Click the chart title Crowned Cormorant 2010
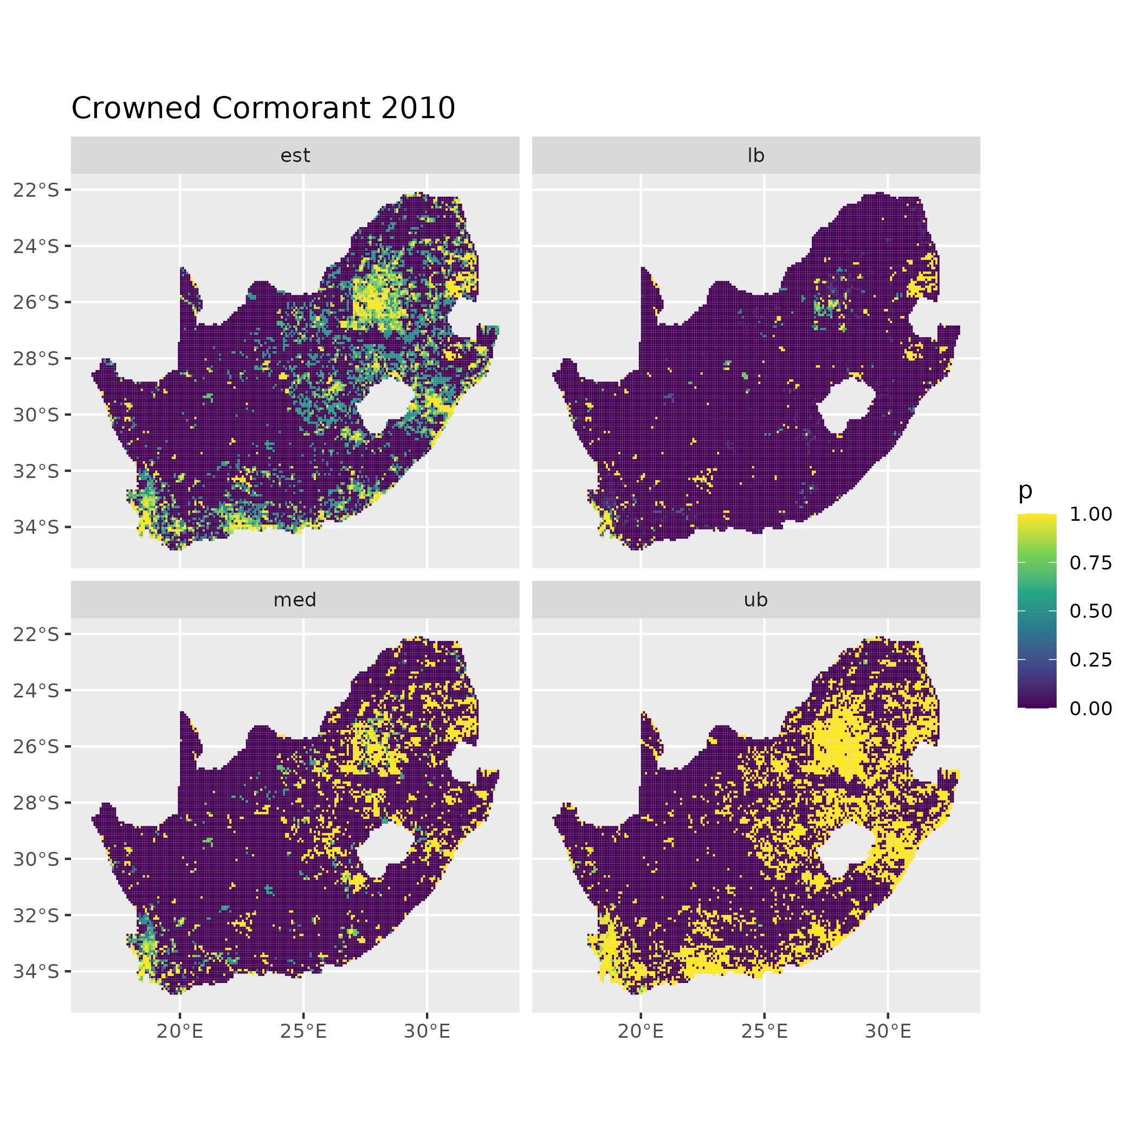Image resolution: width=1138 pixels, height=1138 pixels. coord(263,108)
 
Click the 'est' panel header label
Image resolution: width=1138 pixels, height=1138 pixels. coord(295,156)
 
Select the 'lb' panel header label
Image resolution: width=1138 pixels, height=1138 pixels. coord(756,156)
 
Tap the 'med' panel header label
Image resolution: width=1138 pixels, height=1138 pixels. coord(295,600)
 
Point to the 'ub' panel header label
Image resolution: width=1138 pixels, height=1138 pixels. coord(756,600)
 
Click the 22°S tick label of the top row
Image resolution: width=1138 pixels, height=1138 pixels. coord(36,190)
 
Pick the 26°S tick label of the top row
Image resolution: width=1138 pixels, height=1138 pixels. coord(36,302)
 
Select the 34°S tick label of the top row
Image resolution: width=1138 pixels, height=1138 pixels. coord(36,527)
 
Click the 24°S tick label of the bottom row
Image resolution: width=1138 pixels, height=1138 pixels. coord(36,690)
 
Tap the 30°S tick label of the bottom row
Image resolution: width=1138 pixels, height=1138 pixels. coord(36,859)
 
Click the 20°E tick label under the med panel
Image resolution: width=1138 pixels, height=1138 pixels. coord(180,1031)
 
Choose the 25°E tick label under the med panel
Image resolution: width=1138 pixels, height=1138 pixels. coord(303,1031)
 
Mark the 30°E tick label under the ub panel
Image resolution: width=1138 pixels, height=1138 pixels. coord(888,1031)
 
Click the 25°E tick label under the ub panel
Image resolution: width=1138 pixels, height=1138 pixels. coord(765,1031)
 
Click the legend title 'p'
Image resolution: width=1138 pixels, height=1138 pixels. coord(1025,490)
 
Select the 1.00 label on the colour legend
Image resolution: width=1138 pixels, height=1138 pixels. coord(1091,514)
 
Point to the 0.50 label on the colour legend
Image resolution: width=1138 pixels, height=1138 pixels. coord(1091,611)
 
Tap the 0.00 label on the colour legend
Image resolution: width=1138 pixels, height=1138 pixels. coord(1091,708)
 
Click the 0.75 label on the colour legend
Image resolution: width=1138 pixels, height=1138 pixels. coord(1091,562)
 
